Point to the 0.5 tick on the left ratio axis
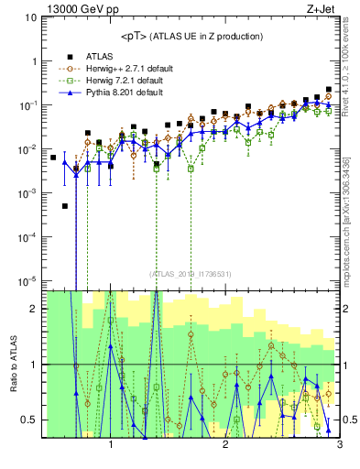point(29,420)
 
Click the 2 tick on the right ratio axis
point(349,309)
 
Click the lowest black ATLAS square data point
point(65,206)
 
